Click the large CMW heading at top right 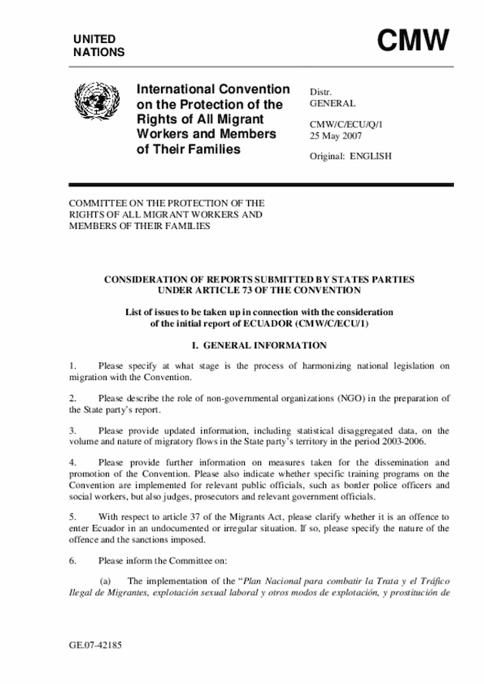[x=413, y=41]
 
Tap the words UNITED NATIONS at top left [x=99, y=45]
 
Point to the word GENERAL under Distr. [x=333, y=103]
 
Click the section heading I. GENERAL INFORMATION [x=259, y=345]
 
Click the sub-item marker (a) [x=107, y=580]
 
